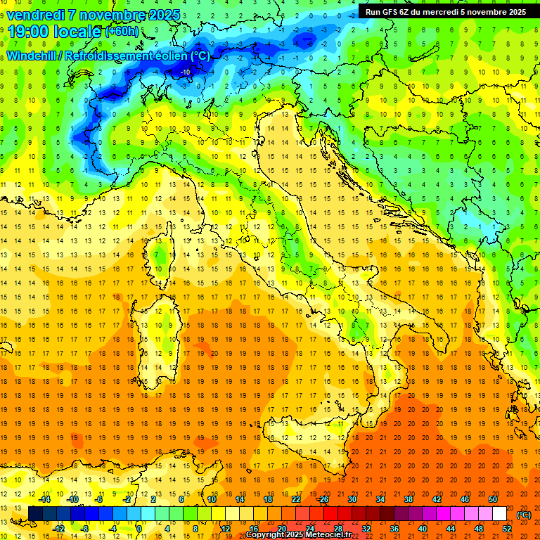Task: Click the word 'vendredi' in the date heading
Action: click(x=36, y=14)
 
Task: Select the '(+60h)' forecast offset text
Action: click(x=122, y=32)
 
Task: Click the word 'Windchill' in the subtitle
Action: click(x=32, y=56)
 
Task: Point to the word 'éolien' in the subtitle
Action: click(x=173, y=56)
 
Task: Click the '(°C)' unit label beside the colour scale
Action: click(x=523, y=515)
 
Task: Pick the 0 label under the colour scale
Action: click(x=139, y=528)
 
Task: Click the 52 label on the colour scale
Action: click(x=506, y=528)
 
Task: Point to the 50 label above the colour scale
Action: click(x=493, y=499)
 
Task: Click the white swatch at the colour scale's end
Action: click(x=499, y=513)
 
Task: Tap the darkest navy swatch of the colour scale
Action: click(x=35, y=513)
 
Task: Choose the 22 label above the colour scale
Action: click(x=296, y=499)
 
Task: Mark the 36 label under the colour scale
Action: click(x=394, y=528)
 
